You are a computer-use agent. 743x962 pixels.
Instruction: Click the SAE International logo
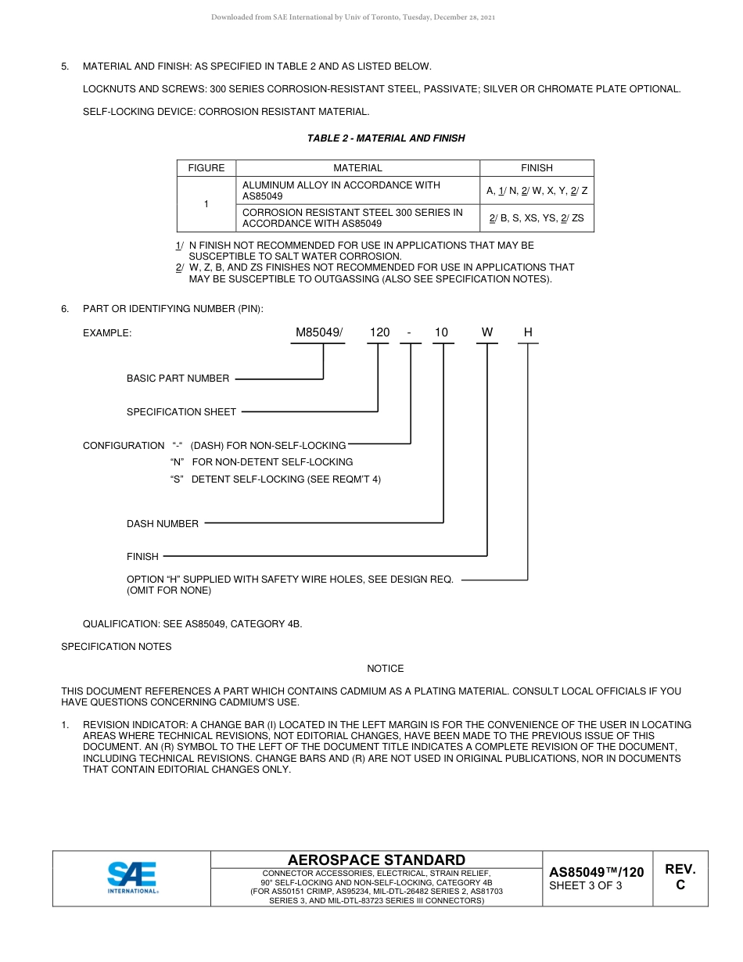(132, 878)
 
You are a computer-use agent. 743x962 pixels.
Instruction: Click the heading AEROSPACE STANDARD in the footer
(376, 860)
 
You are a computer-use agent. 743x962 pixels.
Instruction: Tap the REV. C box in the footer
(680, 877)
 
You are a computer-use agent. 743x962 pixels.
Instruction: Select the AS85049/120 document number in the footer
(596, 872)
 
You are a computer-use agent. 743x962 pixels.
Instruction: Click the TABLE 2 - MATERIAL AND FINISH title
(386, 138)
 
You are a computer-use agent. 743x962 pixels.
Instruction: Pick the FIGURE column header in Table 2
(206, 168)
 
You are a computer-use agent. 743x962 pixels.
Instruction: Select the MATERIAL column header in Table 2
(357, 168)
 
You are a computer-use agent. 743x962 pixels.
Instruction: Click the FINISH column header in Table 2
(537, 168)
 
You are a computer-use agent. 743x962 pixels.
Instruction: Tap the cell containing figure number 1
(206, 204)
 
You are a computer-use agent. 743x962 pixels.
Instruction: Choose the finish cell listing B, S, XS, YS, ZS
(537, 218)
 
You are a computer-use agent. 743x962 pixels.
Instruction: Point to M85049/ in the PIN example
(319, 332)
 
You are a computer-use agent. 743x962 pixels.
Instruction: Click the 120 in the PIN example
(379, 332)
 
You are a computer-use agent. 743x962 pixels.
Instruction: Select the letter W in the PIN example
(487, 332)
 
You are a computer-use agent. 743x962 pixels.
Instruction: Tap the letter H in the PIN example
(528, 332)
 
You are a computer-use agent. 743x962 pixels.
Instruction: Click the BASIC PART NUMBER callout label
(178, 379)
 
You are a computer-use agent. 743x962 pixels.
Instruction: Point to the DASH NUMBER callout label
(163, 524)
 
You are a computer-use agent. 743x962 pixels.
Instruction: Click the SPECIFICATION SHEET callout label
(181, 412)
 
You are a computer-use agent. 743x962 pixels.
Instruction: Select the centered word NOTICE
(386, 669)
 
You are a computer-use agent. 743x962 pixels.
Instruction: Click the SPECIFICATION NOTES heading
(117, 647)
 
